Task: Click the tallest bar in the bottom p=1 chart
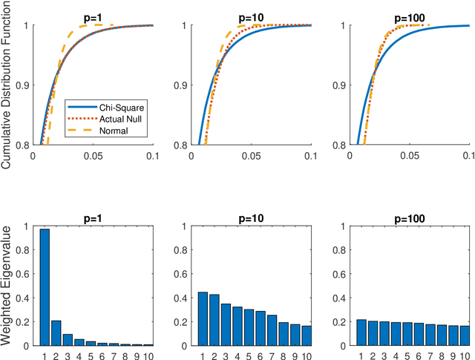click(45, 287)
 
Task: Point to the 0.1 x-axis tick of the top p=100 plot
click(468, 157)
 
